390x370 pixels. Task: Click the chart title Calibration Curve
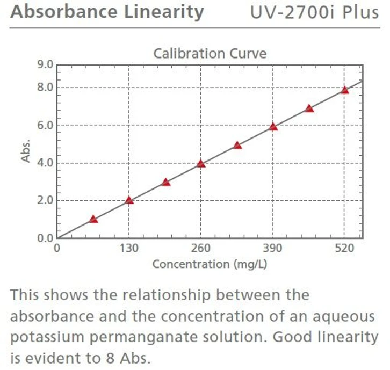pos(210,54)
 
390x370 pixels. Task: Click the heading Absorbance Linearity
pos(107,12)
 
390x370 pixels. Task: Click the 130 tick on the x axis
pos(129,249)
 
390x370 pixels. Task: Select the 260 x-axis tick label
pos(201,249)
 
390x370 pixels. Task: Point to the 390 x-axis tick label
pos(273,249)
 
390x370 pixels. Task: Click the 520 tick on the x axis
pos(345,249)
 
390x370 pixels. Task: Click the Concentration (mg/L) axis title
pos(210,264)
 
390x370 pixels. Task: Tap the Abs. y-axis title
pos(25,151)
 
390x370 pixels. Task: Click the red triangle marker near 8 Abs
pos(345,90)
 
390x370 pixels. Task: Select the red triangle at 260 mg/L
pos(201,164)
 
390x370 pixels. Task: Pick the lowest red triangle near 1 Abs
pos(93,219)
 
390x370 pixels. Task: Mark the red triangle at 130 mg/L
pos(129,200)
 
